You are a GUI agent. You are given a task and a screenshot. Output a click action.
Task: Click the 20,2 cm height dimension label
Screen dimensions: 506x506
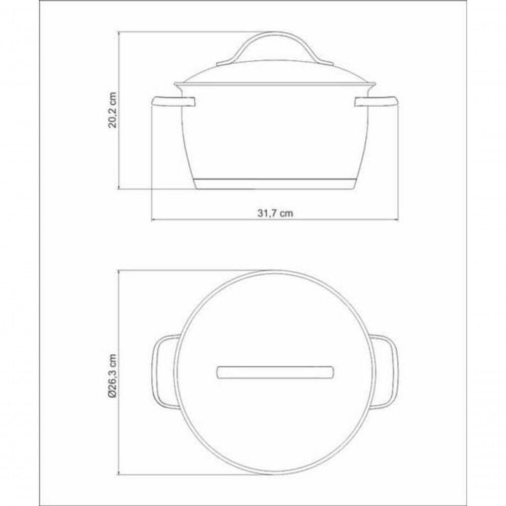113,110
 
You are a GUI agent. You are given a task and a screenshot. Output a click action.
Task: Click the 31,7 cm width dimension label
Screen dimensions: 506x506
275,214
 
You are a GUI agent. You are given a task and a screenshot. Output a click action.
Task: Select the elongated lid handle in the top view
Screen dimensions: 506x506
275,372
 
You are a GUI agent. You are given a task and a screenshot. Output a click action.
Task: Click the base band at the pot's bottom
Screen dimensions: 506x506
275,183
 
